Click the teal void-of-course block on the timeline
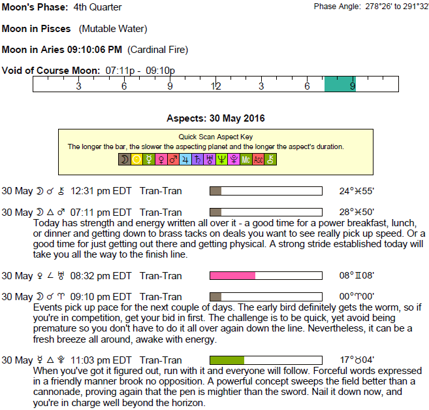click(340, 84)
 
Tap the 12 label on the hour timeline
click(215, 86)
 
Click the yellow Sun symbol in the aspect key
click(136, 160)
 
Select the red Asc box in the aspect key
click(259, 160)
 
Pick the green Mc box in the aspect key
click(246, 160)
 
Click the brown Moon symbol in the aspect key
click(125, 160)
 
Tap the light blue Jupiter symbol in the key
click(185, 160)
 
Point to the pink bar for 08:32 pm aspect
click(232, 275)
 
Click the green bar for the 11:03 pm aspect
click(227, 360)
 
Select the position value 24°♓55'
click(357, 191)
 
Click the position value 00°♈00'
click(357, 296)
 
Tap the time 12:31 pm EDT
click(101, 191)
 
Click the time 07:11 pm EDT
click(101, 213)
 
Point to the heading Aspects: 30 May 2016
click(215, 118)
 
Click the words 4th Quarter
click(97, 7)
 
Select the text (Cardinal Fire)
click(158, 50)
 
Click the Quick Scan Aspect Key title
click(215, 137)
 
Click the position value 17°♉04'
click(357, 360)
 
